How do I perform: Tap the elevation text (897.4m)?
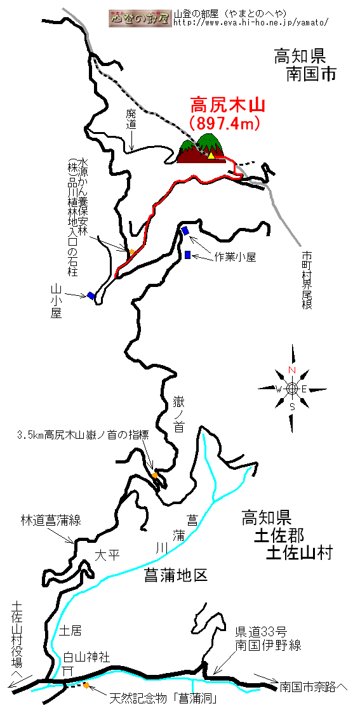(224, 123)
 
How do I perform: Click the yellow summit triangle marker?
(211, 156)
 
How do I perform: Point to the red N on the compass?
(292, 370)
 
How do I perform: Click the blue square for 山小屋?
(91, 296)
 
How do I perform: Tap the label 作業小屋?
(236, 257)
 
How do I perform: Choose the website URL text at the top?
(250, 22)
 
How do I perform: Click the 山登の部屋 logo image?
(140, 18)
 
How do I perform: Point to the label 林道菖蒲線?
(51, 520)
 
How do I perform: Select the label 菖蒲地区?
(175, 575)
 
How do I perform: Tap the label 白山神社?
(86, 657)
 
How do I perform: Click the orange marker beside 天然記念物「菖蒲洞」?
(86, 685)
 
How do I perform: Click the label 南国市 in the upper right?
(311, 74)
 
